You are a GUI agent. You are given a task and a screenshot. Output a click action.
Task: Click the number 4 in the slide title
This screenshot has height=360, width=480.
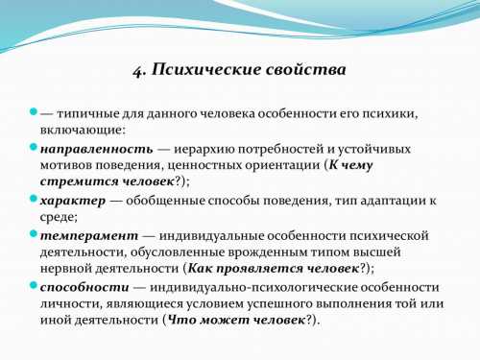click(x=136, y=70)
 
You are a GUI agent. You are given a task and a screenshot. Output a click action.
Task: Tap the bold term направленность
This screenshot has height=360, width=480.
click(x=95, y=149)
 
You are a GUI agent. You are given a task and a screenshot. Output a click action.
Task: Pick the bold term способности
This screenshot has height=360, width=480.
click(x=84, y=287)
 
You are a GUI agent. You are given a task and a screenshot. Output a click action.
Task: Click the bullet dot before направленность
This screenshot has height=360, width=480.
click(x=32, y=148)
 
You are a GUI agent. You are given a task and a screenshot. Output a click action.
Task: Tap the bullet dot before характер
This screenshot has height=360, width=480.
click(x=32, y=199)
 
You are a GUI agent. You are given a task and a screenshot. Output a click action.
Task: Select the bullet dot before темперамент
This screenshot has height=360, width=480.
click(x=32, y=233)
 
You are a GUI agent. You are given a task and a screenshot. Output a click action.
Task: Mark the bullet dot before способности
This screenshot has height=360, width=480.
click(x=32, y=286)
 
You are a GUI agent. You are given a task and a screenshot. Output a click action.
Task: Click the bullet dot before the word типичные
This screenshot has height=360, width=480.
click(x=32, y=112)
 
